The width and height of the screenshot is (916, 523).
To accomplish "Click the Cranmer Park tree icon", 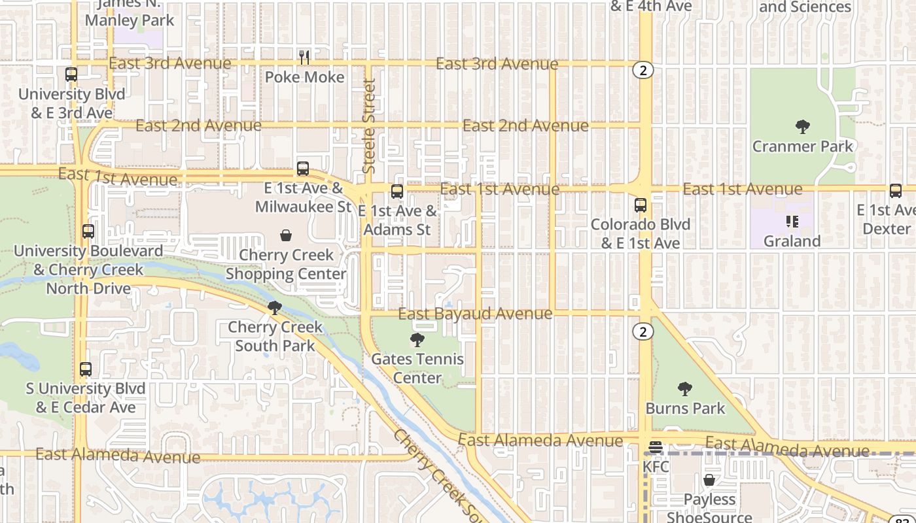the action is click(x=802, y=127).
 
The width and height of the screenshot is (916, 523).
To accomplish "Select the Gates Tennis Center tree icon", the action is click(x=417, y=340).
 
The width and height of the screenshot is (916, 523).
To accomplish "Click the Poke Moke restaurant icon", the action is click(x=304, y=58).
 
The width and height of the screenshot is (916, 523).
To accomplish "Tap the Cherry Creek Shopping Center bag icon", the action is click(x=286, y=235).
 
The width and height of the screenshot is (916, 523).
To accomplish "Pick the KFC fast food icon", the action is click(x=655, y=448).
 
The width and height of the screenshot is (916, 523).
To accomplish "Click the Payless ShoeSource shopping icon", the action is click(x=709, y=481).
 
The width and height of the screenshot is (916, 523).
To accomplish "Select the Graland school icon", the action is click(x=792, y=222).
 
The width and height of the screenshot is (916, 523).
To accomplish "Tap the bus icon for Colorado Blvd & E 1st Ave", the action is click(x=641, y=205).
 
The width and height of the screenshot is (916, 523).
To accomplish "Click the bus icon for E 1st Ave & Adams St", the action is click(x=397, y=192).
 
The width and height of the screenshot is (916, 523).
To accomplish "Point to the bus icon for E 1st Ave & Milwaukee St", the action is click(x=303, y=169).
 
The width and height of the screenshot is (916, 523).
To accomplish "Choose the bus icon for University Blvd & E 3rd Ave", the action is click(x=71, y=75).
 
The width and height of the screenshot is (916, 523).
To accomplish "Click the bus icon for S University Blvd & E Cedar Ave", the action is click(x=86, y=369).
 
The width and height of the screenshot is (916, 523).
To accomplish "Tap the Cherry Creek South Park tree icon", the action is click(x=275, y=307).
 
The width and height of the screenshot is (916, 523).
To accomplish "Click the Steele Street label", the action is click(x=369, y=126).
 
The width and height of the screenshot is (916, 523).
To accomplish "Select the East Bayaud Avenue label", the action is click(x=475, y=314).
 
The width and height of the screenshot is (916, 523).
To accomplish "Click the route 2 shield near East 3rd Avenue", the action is click(x=643, y=71).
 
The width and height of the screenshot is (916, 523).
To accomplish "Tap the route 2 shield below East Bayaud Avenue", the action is click(x=643, y=332).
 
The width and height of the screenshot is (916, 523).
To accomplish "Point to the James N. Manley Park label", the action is click(x=130, y=13).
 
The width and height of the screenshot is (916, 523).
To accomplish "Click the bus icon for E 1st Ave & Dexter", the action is click(x=896, y=191).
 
